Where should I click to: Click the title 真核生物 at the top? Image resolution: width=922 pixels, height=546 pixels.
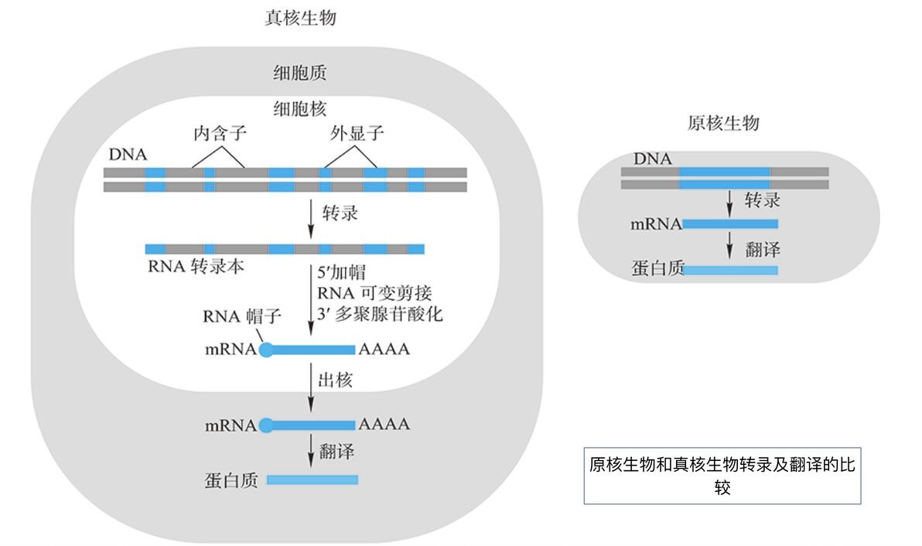click(300, 18)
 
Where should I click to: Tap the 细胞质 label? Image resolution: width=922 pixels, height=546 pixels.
click(299, 73)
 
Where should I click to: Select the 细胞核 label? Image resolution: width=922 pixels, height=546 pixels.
click(299, 108)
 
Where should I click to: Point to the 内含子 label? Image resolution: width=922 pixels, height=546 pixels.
click(219, 134)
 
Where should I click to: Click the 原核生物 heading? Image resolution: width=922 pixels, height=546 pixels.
click(723, 123)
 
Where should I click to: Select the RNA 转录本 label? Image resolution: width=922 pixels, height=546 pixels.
click(196, 267)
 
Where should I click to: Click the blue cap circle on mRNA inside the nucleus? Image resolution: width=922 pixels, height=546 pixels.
click(265, 350)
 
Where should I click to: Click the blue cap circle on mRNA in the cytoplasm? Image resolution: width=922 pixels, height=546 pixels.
click(265, 425)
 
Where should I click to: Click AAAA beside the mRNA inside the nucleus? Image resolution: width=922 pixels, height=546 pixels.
click(384, 350)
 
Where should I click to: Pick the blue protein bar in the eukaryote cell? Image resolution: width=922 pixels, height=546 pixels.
click(312, 480)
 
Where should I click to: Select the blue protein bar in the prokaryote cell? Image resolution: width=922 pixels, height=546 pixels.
click(731, 270)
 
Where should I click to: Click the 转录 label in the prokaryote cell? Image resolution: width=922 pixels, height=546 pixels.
click(762, 201)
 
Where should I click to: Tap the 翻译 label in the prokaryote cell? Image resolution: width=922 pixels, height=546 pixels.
click(762, 249)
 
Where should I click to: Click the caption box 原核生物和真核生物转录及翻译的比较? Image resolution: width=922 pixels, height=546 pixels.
click(722, 476)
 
